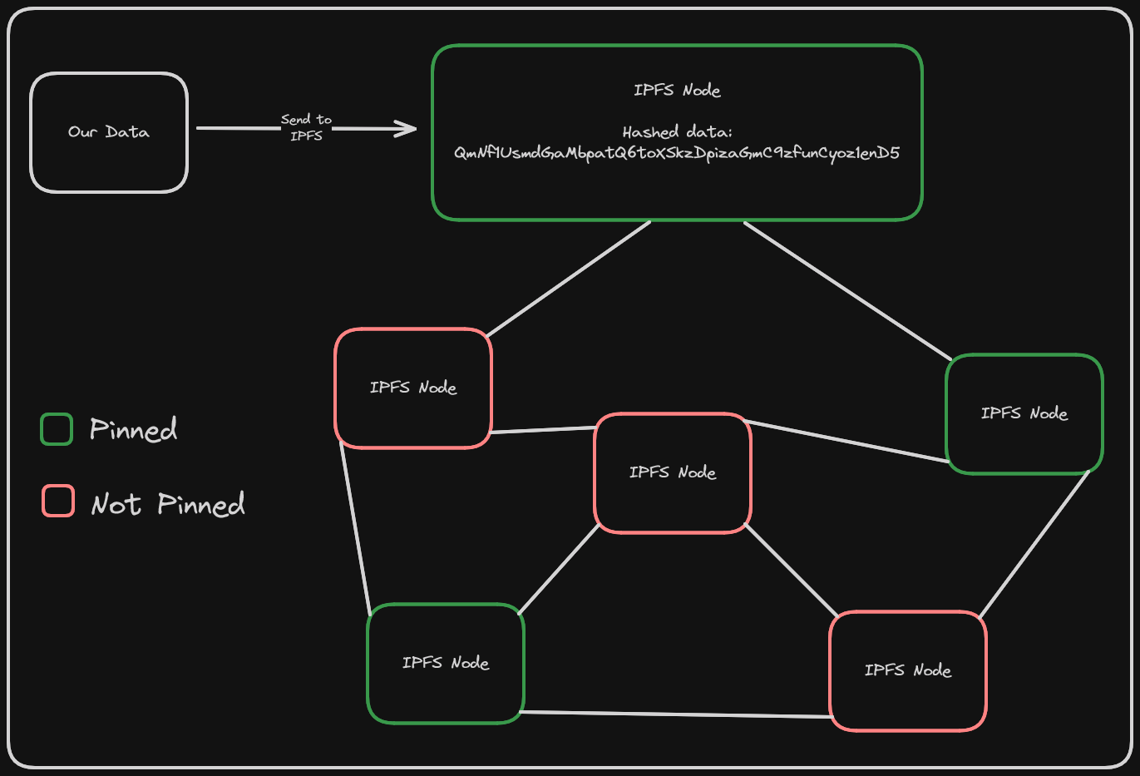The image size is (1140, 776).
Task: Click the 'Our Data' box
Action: (109, 132)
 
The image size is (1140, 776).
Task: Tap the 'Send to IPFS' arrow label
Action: (306, 127)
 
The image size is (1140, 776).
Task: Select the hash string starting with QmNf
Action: (677, 153)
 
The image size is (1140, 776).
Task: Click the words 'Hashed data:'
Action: (677, 131)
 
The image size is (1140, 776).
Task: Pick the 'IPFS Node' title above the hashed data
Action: (677, 90)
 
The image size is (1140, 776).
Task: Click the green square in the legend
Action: (57, 429)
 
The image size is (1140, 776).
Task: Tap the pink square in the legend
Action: (58, 501)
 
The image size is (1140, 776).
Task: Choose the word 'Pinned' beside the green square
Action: (133, 429)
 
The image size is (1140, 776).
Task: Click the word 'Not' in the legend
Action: (116, 504)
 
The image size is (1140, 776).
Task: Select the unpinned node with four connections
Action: (673, 472)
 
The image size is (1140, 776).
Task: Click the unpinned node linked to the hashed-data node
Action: (413, 388)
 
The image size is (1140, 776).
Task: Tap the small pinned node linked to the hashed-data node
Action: (1024, 413)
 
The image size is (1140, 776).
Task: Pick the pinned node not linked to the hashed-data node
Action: (446, 663)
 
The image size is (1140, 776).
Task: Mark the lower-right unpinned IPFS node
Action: (908, 670)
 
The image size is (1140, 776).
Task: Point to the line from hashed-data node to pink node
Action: (568, 279)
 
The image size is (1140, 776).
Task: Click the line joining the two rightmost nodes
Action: (1034, 545)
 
